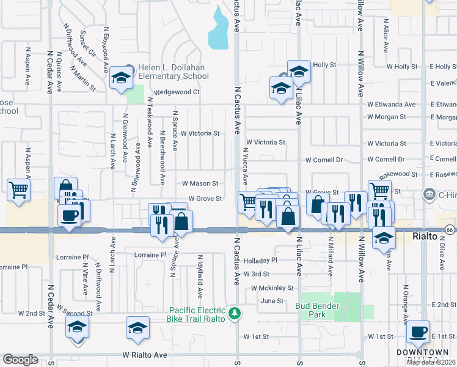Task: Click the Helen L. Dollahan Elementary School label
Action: point(173,72)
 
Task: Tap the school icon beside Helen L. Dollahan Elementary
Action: point(121,79)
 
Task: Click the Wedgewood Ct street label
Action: point(177,92)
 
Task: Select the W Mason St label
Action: point(200,183)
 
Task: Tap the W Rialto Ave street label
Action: point(145,354)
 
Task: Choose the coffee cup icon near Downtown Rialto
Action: point(419,332)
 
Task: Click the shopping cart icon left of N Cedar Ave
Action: point(18,190)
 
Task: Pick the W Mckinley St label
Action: point(272,287)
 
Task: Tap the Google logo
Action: point(20,360)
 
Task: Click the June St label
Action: point(272,301)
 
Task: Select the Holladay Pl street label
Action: point(260,260)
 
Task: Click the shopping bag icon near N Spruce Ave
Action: point(182,221)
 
